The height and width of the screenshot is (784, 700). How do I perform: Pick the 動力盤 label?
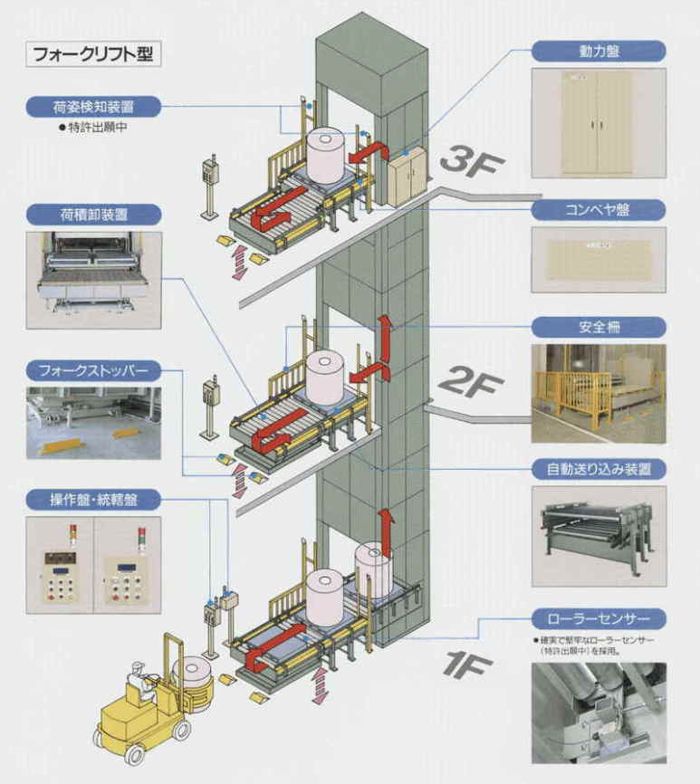[598, 51]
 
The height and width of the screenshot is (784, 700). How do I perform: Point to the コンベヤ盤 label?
[598, 210]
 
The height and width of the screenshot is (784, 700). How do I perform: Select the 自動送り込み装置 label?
[598, 469]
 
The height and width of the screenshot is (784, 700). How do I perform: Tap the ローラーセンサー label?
[598, 620]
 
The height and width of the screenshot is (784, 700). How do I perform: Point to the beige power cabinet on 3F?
[404, 178]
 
